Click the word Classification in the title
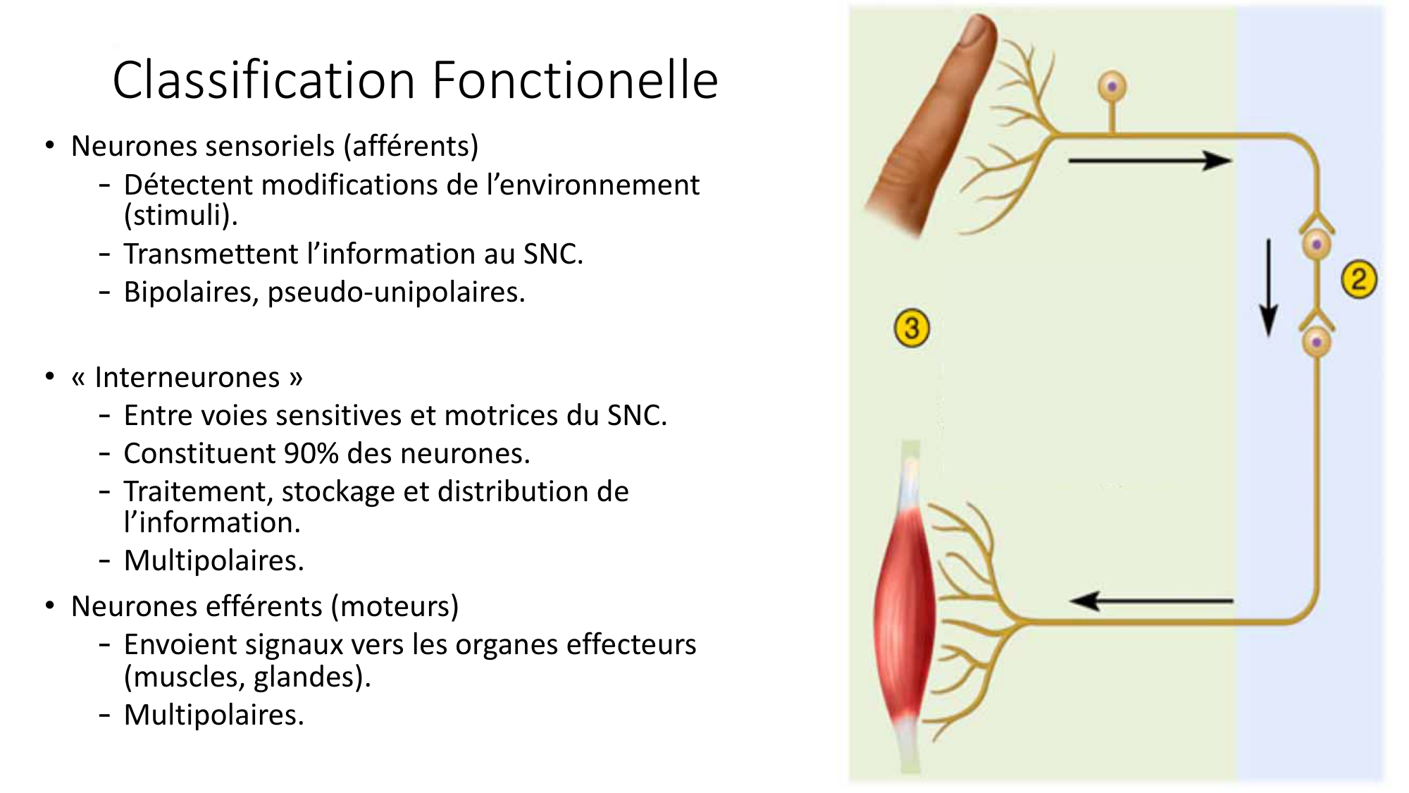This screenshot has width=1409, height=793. point(264,80)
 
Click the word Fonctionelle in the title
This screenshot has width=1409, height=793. point(575,80)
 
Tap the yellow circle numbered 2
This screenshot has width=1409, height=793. point(1359,279)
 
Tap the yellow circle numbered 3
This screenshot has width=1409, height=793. point(912,328)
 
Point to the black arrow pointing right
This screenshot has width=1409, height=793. point(1150,161)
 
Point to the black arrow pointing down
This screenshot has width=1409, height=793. point(1269,288)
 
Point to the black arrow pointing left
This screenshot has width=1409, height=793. point(1151,601)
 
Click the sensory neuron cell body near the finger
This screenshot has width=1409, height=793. point(1112,87)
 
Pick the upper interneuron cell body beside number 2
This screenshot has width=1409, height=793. point(1316,245)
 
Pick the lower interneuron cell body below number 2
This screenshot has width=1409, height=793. point(1316,343)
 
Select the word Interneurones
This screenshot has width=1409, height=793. point(187,377)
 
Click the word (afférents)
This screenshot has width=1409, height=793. point(411,147)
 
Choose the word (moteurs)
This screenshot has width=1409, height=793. point(395,606)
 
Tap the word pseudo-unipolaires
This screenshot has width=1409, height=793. point(397,293)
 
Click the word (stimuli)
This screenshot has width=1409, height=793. point(181,216)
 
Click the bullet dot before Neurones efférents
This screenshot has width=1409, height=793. point(49,605)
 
